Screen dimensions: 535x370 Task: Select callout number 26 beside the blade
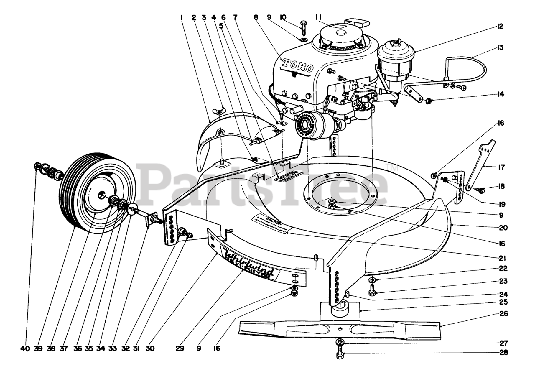click(504, 314)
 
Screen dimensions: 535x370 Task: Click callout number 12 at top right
click(500, 26)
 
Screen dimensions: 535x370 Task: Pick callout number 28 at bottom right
click(504, 352)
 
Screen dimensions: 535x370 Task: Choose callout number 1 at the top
click(182, 18)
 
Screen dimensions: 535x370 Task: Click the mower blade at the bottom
click(339, 328)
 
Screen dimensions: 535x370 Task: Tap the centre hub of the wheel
click(102, 194)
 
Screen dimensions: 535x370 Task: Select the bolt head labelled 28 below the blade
click(339, 355)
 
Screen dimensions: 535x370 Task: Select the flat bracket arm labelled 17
click(481, 165)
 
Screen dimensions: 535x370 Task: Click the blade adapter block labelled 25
click(339, 311)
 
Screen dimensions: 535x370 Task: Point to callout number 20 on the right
click(504, 228)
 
